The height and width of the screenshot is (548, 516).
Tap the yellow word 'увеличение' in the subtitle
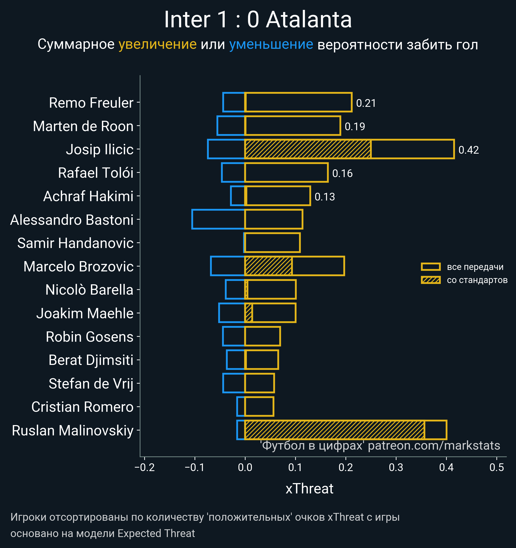coord(157,44)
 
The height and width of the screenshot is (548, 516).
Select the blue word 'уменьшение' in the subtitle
coord(271,44)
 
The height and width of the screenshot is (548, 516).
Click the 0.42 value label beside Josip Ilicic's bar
coord(468,150)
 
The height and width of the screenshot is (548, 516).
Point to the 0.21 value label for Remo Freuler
coord(366,103)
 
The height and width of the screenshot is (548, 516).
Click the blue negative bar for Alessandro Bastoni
coord(218,219)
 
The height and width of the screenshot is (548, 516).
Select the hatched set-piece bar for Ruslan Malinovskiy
coord(335,430)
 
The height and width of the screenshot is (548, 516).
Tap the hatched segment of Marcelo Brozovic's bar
coord(268,266)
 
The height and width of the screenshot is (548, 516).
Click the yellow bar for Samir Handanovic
coord(272,243)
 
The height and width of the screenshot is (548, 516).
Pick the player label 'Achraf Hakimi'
coord(88,196)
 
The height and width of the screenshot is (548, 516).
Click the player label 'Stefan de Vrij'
coord(91,383)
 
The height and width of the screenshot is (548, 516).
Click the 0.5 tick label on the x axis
coord(497,467)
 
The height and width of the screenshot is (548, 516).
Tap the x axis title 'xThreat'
coord(309,489)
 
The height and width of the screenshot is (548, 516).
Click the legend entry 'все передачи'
coord(475,267)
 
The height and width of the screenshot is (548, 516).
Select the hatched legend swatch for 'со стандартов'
coord(430,280)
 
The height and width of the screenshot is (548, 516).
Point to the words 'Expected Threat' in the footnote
coord(156,533)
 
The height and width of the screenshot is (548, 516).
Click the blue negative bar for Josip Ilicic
coord(226,149)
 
